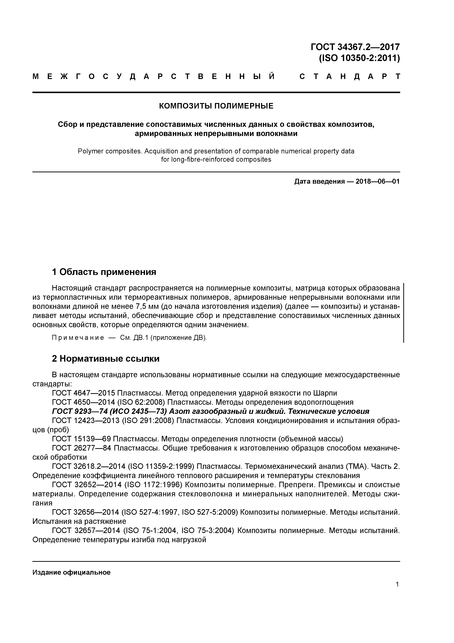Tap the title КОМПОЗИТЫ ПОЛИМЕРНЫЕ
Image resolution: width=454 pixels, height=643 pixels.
[x=216, y=106]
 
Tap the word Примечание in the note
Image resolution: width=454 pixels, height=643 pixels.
[x=78, y=338]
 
